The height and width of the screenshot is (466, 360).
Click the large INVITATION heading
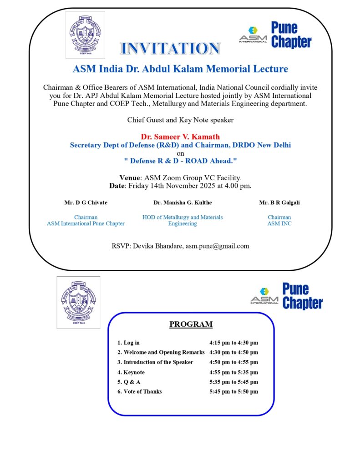(170, 48)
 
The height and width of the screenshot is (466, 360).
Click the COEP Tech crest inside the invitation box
(85, 35)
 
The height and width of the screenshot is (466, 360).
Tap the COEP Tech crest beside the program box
(78, 302)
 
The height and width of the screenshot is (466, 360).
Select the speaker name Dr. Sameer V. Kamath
(180, 137)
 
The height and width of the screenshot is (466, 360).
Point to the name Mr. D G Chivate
(86, 203)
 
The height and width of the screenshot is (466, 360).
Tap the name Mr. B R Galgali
(279, 203)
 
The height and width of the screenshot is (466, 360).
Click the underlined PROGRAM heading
(191, 324)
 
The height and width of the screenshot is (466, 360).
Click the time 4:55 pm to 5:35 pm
(233, 372)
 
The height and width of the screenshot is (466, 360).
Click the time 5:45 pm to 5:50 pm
(233, 391)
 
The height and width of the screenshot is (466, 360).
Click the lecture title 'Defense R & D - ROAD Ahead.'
(180, 161)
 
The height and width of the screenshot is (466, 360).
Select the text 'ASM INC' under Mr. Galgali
(279, 223)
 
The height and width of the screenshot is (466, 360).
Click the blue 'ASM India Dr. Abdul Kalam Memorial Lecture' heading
(180, 69)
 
